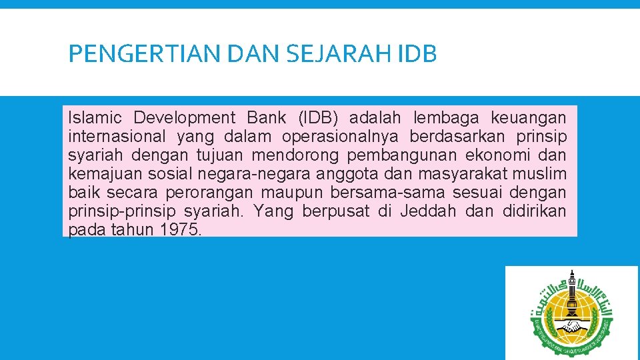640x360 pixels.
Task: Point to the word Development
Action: coord(185,118)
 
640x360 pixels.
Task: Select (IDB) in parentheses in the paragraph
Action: coord(313,118)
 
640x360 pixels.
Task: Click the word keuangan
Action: coord(529,118)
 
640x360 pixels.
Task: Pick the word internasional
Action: coord(117,137)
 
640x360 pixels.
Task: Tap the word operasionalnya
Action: coord(340,137)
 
